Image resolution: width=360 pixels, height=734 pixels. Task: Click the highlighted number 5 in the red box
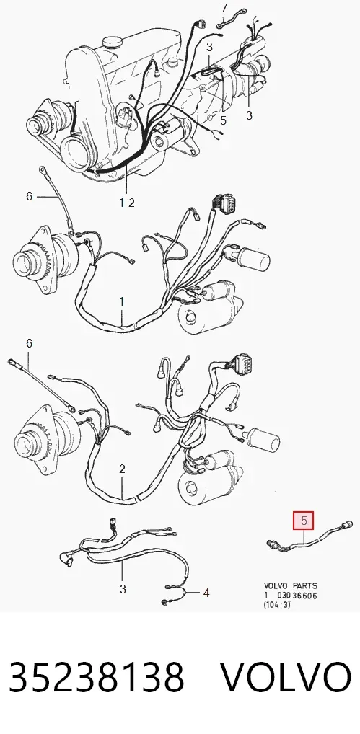304,521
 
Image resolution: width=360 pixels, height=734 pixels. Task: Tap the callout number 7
224,7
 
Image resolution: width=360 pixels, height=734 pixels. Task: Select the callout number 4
206,593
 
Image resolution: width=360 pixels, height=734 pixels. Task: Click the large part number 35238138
97,677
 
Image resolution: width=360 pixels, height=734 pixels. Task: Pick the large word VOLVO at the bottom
285,677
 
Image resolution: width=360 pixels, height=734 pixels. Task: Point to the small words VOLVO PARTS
290,585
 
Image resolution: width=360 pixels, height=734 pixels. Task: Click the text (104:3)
277,604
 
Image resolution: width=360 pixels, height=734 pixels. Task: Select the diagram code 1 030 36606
290,595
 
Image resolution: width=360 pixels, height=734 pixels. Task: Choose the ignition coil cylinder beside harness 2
261,439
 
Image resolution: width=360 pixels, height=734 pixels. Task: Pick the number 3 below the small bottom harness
123,589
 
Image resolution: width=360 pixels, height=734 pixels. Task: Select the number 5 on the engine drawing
224,121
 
